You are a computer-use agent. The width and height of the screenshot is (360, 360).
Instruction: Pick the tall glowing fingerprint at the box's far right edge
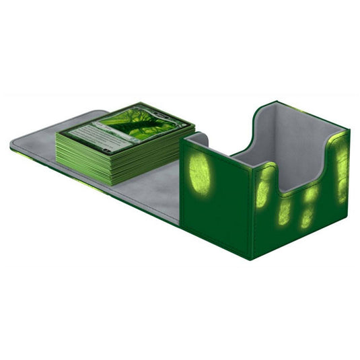click(x=341, y=165)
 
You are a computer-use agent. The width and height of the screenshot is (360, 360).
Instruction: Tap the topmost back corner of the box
click(x=275, y=102)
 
